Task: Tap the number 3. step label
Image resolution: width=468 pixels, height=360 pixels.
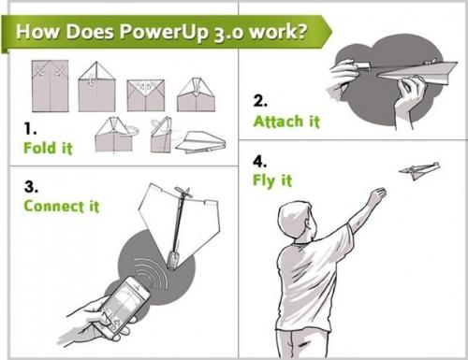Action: pyautogui.click(x=30, y=184)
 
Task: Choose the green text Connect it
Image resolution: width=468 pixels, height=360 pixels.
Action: pyautogui.click(x=62, y=205)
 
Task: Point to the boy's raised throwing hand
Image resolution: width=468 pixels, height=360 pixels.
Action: pyautogui.click(x=375, y=196)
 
